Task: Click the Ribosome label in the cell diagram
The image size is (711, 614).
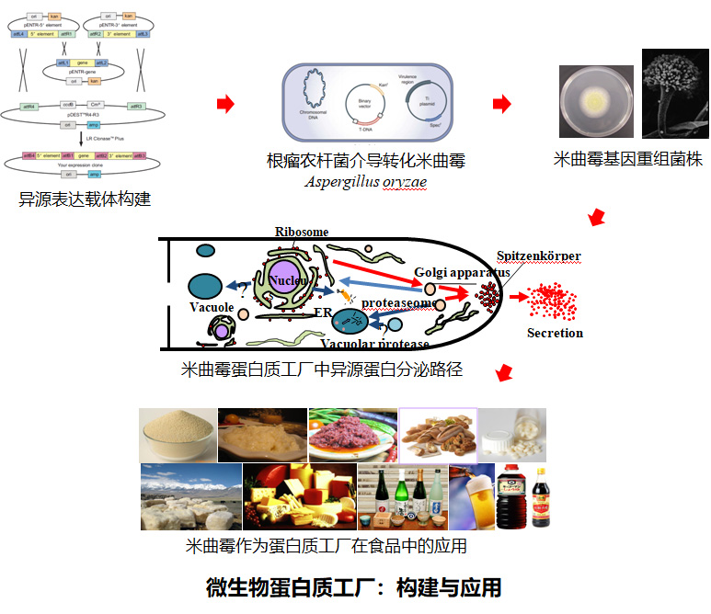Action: pos(303,232)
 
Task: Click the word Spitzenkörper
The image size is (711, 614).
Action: pos(538,256)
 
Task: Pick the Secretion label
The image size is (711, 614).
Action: pos(555,333)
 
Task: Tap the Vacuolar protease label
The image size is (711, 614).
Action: pos(374,344)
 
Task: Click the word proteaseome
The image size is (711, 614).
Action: pos(396,301)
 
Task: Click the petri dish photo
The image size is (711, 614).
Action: pos(596,102)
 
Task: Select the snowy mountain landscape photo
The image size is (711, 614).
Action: pos(190,497)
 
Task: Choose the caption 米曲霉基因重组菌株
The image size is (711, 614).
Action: pos(628,159)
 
